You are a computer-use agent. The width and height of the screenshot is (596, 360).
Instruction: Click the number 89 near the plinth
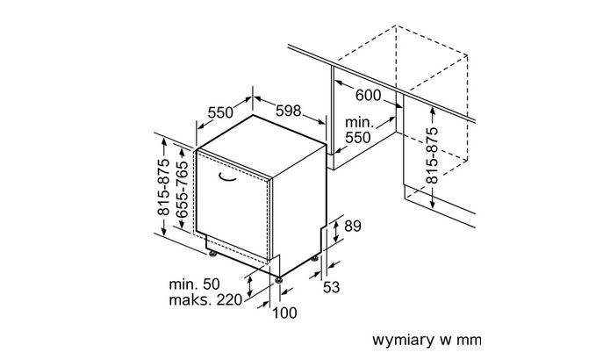pyautogui.click(x=352, y=227)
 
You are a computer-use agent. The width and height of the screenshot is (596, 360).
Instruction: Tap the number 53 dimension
pyautogui.click(x=330, y=287)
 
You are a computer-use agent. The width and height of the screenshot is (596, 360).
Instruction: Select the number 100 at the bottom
pyautogui.click(x=285, y=313)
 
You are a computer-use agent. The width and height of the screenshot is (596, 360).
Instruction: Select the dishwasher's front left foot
pyautogui.click(x=212, y=255)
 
